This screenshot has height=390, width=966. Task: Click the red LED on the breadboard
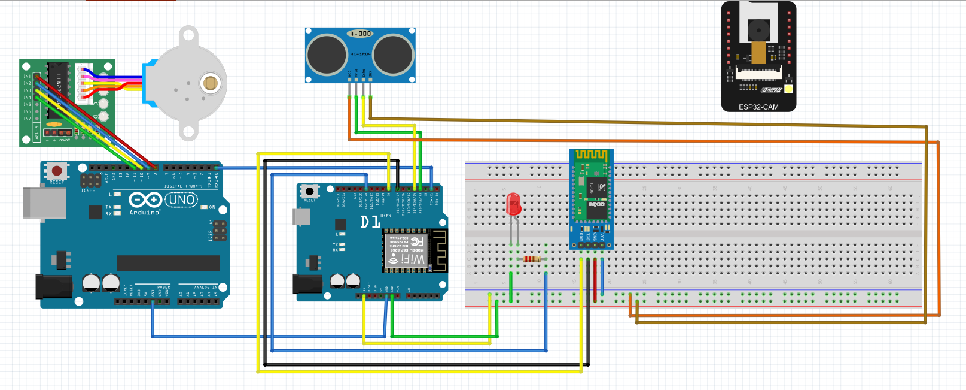click(513, 204)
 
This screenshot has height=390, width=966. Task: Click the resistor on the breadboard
click(532, 259)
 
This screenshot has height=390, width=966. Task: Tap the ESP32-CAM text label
click(758, 107)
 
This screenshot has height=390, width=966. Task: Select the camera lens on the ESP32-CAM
click(759, 28)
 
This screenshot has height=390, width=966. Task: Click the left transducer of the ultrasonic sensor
click(327, 55)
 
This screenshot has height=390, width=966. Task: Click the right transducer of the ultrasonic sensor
click(394, 55)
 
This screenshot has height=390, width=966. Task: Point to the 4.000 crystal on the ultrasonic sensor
click(360, 34)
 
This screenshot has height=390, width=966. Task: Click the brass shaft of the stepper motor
click(210, 83)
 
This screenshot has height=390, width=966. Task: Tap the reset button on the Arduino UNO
click(57, 171)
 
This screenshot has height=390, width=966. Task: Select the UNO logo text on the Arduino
click(181, 200)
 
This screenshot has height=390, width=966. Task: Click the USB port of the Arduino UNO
click(44, 202)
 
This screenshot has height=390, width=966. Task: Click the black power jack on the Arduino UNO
click(53, 286)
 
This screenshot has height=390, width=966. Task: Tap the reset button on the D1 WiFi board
click(309, 192)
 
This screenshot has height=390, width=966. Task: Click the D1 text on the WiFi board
click(370, 222)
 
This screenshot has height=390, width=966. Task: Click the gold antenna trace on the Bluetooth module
click(591, 155)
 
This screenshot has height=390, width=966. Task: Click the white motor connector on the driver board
click(82, 83)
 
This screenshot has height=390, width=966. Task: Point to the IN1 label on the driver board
click(27, 77)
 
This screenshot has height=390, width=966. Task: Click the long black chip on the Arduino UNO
click(168, 263)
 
